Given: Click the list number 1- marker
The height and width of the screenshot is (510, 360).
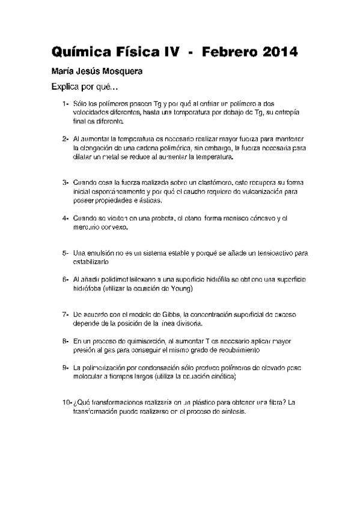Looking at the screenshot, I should click(x=66, y=104).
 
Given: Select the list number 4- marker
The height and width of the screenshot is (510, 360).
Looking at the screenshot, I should click(x=66, y=218).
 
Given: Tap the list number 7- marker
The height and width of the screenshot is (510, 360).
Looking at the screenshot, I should click(x=66, y=314).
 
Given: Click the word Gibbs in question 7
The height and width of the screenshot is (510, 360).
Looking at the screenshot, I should click(x=172, y=314).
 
